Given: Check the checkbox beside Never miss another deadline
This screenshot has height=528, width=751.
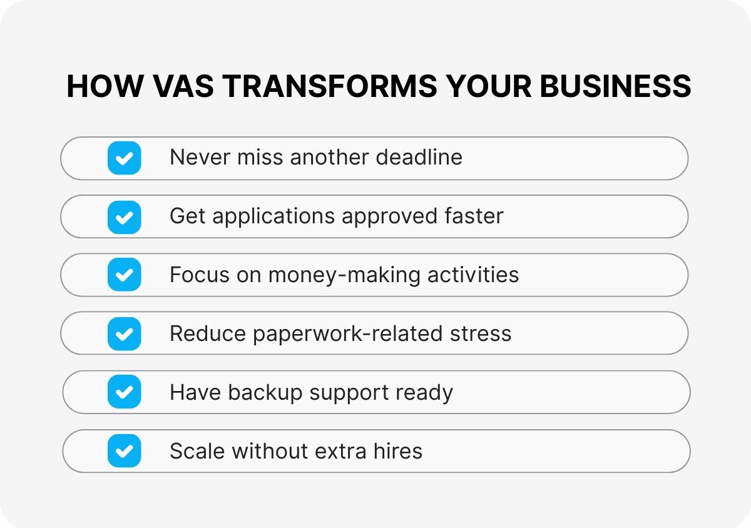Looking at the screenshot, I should click(124, 158).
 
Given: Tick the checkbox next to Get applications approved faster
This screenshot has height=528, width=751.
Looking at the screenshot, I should click(124, 216).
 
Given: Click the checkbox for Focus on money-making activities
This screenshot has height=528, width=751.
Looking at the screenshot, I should click(124, 275).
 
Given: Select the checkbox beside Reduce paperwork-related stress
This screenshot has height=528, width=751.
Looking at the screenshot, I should click(124, 333).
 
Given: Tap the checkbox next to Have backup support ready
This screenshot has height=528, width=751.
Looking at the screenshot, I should click(124, 392).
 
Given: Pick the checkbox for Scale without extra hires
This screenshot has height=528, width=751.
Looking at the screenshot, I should click(124, 451).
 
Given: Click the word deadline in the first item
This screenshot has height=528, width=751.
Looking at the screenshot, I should click(419, 157).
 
